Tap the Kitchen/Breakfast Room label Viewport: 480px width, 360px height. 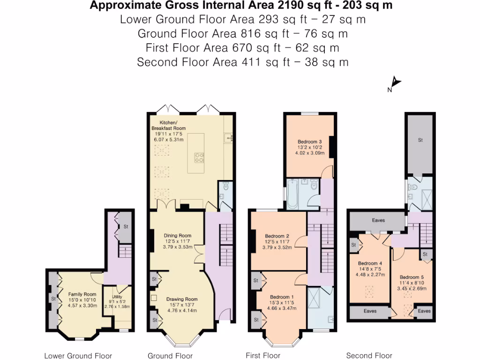tap(168, 125)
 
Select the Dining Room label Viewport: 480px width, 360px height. tap(178, 235)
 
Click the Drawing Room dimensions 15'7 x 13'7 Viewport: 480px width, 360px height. tap(182, 305)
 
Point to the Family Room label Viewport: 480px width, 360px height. tap(82, 294)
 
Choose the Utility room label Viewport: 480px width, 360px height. tap(117, 297)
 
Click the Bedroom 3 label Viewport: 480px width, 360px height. tap(309, 142)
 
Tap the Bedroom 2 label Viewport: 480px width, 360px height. tap(277, 236)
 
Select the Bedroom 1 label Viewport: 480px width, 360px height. tap(282, 297)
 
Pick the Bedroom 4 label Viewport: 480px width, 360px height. tap(370, 263)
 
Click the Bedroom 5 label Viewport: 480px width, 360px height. tap(412, 277)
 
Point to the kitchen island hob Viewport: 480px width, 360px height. tap(199, 158)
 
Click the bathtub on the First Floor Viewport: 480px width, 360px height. tap(292, 194)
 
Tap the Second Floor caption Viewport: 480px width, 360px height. tap(369, 355)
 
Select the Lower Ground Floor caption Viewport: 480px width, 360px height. tap(78, 356)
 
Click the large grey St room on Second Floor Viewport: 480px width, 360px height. tap(420, 144)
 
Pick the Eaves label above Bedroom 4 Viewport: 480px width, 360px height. tap(378, 220)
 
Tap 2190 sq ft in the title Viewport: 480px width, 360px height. tap(294, 5)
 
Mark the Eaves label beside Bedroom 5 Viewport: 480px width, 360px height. tap(424, 311)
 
